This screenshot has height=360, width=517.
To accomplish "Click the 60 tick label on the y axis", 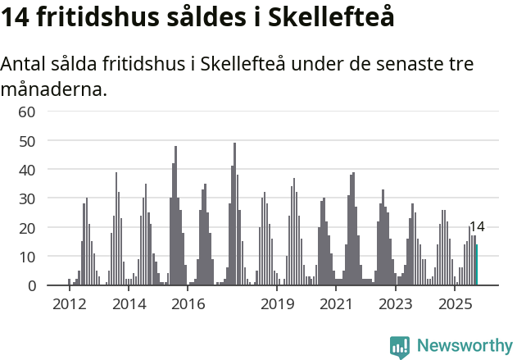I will tap(26, 112).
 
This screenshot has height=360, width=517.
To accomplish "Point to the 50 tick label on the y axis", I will tap(26, 140).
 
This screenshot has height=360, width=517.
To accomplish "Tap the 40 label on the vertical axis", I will tap(26, 170).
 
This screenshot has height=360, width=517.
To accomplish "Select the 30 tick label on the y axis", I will tap(26, 198).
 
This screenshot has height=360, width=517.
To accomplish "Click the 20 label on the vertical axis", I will tap(26, 227).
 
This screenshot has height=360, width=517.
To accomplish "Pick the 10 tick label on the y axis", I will tap(26, 257).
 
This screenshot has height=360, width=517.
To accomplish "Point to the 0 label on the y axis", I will tap(31, 285).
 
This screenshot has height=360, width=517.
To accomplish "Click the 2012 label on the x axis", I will tap(69, 304).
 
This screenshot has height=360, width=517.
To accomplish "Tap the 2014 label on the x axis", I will tap(129, 304).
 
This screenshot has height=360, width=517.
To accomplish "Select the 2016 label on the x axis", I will tap(188, 304).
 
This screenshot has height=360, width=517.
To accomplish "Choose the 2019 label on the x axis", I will tap(278, 304).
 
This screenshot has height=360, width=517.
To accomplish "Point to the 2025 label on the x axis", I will tap(456, 304).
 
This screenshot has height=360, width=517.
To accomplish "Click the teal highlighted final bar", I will tap(477, 265).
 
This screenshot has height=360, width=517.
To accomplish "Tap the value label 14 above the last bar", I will tap(477, 227).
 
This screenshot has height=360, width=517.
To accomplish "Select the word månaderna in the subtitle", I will tap(54, 88).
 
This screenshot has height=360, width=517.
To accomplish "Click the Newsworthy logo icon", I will tap(400, 346).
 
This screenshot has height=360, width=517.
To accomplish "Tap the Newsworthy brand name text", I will tap(465, 346).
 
